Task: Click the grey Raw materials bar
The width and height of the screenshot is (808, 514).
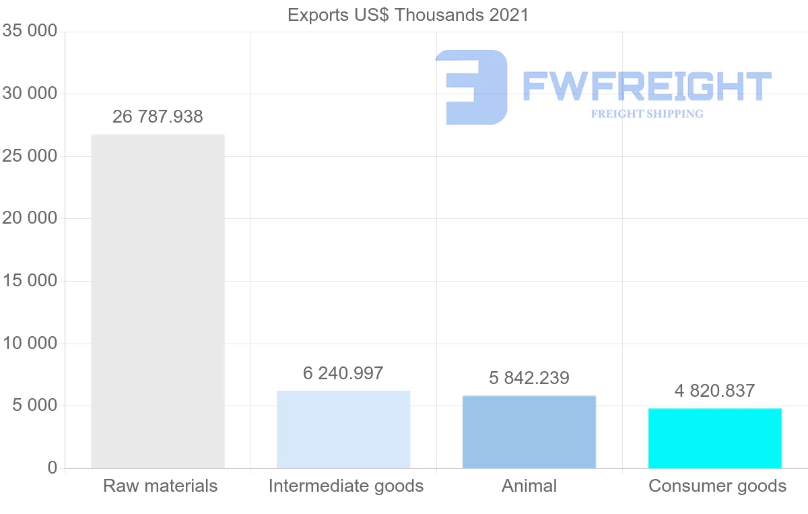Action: point(158,301)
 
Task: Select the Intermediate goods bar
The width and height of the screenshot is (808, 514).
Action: point(343,429)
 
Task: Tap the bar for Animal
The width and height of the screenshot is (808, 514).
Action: point(529,432)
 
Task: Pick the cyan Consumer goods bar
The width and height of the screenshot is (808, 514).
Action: point(715,438)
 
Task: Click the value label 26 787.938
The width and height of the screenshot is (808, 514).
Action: point(158,117)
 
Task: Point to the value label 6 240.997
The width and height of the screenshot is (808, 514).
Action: point(343,373)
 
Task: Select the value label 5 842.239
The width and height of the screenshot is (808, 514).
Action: point(529,378)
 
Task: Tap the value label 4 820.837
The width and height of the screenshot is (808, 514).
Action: point(715,391)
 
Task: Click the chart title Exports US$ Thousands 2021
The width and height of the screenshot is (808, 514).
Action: point(408,15)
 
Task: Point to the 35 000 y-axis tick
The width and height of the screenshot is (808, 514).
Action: point(29,32)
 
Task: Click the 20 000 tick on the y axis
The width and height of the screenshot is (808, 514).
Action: point(29,218)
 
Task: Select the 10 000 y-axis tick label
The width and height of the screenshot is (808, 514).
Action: point(29,344)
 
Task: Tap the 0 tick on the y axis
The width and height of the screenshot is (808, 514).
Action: point(53,468)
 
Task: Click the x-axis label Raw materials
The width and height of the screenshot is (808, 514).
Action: point(160,486)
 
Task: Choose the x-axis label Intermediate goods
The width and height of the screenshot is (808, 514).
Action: point(346,486)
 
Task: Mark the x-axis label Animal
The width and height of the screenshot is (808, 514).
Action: point(529,486)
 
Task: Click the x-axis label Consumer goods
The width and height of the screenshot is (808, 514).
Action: point(717,486)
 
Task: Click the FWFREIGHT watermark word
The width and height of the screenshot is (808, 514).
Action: point(646,86)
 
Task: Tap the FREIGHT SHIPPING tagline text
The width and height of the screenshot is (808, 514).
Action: point(646,114)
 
